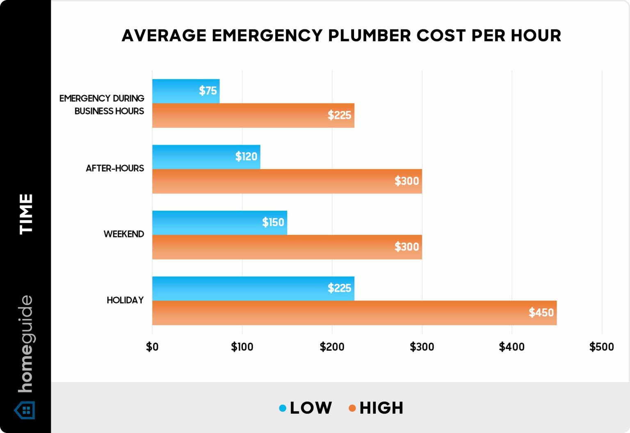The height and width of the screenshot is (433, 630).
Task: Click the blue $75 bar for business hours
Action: (186, 91)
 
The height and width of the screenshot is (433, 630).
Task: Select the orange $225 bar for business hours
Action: (253, 116)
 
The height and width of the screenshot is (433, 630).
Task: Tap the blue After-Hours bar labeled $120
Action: (206, 157)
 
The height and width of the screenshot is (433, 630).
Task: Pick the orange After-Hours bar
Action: (287, 181)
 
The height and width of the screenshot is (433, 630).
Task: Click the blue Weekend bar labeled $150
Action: (219, 222)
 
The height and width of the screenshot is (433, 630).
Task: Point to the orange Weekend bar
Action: (287, 247)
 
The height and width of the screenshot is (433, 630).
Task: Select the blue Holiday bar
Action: (253, 288)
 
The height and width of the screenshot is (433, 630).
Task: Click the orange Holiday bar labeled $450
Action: (354, 313)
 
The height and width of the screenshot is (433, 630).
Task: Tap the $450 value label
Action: (541, 313)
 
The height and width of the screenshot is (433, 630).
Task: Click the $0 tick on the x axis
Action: (152, 347)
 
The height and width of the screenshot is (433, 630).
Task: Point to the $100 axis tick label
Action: (242, 347)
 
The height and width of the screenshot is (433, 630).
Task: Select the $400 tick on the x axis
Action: (511, 347)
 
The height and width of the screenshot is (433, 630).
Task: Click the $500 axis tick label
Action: (601, 347)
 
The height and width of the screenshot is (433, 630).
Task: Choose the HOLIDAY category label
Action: (125, 300)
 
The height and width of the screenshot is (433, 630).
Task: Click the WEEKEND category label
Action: (123, 234)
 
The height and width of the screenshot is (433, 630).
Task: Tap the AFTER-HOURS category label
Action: (115, 168)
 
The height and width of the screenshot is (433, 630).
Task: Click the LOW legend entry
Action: (306, 408)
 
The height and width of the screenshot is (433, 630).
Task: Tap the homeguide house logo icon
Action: (25, 410)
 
